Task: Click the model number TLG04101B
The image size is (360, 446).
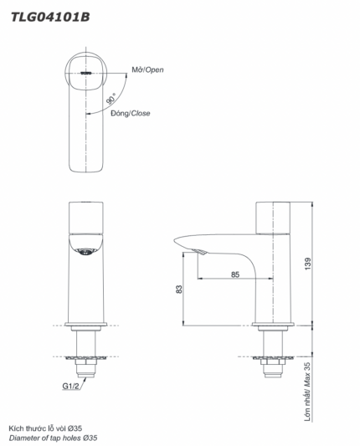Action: [49, 15]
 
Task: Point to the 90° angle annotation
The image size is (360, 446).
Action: [111, 100]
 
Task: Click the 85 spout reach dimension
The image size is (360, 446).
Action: [235, 274]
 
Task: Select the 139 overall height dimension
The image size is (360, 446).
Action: [310, 263]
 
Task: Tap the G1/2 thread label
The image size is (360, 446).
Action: [71, 387]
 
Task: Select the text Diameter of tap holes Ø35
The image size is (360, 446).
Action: [53, 438]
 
